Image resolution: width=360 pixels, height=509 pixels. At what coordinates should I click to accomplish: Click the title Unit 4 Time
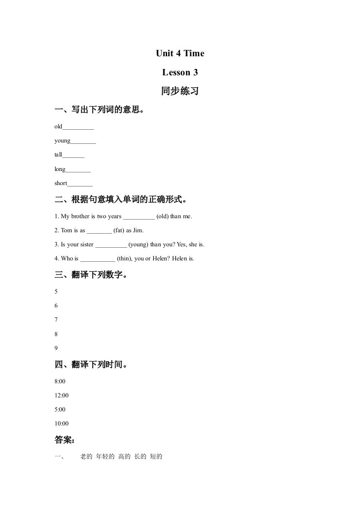(180, 54)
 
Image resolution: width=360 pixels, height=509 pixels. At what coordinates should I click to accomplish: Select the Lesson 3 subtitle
(180, 73)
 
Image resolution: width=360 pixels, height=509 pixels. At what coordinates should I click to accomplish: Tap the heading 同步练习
(180, 91)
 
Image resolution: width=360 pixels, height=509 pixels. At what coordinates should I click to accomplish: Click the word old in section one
(58, 127)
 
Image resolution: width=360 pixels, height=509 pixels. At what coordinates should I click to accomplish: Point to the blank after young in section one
(83, 142)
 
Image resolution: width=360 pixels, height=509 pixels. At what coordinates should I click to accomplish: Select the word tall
(58, 155)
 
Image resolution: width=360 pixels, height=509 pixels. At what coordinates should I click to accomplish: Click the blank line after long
(78, 170)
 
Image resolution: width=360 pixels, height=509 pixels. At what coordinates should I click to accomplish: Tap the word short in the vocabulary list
(61, 183)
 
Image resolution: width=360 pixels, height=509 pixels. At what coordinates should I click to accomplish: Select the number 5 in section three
(56, 292)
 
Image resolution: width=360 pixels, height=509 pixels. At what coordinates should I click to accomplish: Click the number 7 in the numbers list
(56, 320)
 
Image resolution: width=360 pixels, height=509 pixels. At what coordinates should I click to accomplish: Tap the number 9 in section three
(56, 348)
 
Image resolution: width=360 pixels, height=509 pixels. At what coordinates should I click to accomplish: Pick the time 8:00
(60, 381)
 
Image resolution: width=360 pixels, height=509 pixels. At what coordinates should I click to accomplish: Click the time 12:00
(61, 395)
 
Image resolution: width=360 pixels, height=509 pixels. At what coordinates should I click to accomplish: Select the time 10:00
(61, 424)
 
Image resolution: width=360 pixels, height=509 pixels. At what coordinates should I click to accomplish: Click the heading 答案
(64, 440)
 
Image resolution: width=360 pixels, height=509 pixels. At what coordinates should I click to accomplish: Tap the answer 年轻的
(105, 457)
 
